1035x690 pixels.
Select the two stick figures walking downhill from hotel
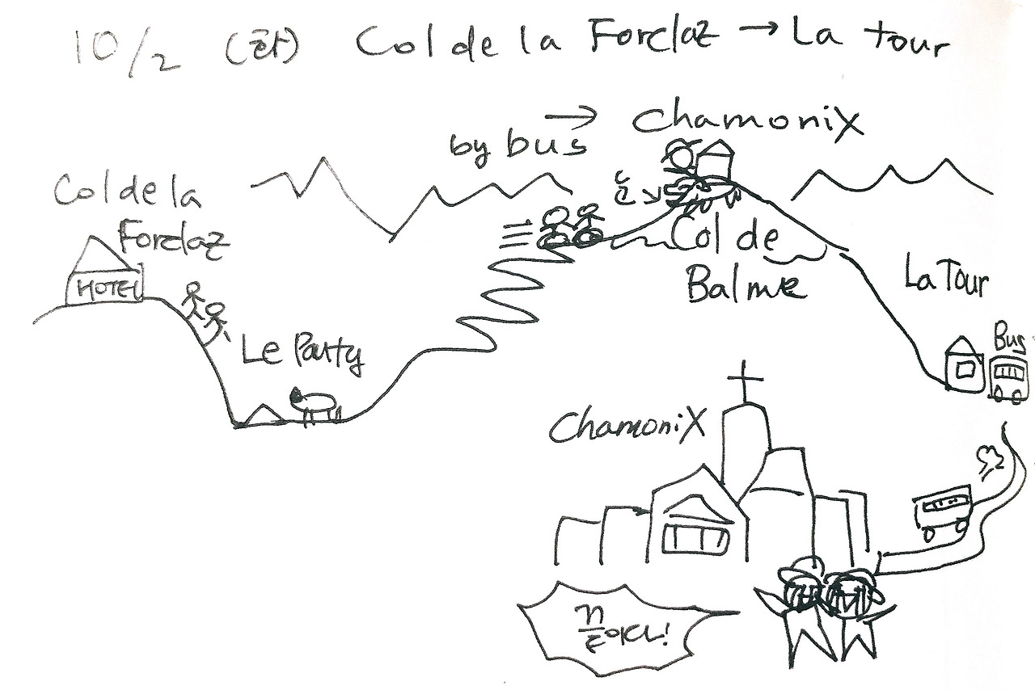tap(204, 312)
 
